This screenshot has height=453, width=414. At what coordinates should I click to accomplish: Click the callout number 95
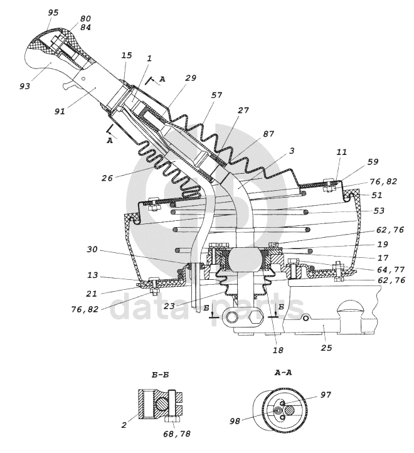click(53, 13)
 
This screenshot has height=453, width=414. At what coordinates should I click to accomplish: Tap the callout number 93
click(25, 86)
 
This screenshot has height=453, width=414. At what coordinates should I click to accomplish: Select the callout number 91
click(60, 111)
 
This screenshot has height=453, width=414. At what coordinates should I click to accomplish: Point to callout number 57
click(216, 95)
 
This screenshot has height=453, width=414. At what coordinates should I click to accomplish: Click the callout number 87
click(268, 134)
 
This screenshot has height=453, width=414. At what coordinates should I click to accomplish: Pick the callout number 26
click(107, 178)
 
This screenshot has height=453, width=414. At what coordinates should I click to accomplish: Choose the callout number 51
click(376, 195)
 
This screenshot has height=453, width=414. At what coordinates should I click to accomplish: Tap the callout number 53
click(379, 211)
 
